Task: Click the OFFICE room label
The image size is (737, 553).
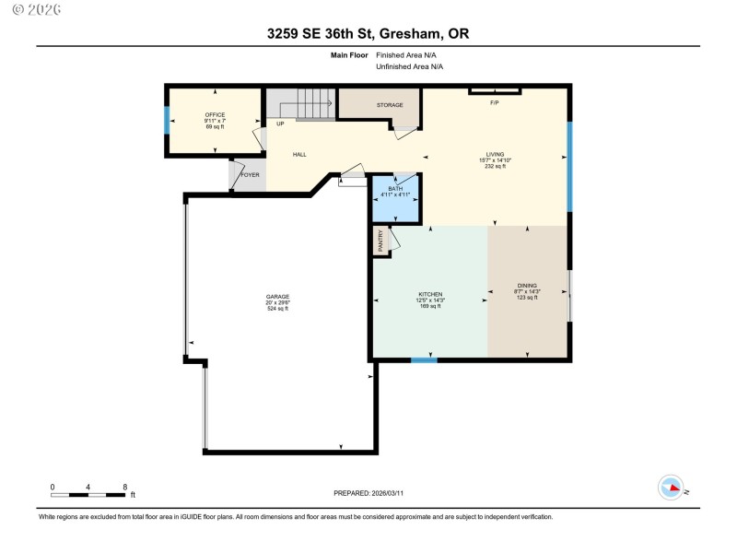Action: coord(215,115)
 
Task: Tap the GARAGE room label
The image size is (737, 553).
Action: coord(277,296)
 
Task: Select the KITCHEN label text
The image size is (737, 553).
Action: coord(430,294)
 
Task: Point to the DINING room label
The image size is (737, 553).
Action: coord(527,286)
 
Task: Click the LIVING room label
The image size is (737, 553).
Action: coord(495,155)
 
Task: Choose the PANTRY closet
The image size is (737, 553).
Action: coord(381,241)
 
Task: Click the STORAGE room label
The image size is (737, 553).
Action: coord(390,105)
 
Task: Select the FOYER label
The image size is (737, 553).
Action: coord(250,174)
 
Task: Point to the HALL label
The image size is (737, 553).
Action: coord(299,154)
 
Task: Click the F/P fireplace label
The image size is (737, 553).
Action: coord(494,101)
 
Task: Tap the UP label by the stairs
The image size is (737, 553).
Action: coord(279,123)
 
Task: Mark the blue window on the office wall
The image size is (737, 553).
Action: coord(167,121)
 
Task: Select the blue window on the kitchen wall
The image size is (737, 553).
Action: coord(424,359)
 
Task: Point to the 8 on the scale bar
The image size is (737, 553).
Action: coord(124,486)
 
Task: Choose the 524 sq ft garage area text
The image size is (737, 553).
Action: coord(277,309)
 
